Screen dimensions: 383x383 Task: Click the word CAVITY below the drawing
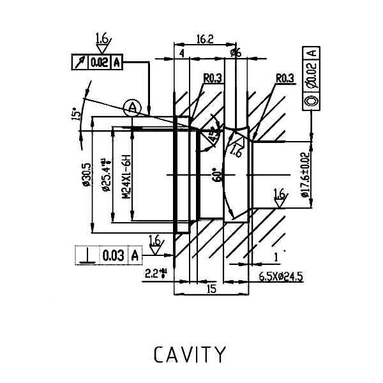[x=190, y=354]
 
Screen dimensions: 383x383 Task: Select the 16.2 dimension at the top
[x=205, y=40]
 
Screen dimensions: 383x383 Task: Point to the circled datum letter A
[x=131, y=107]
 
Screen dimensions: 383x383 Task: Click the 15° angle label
[x=77, y=113]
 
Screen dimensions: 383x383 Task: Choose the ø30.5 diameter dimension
[x=86, y=174]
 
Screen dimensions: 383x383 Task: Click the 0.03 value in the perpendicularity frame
[x=112, y=255]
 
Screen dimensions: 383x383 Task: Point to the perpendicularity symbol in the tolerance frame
[x=86, y=255]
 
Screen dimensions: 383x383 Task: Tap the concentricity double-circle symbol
[x=312, y=101]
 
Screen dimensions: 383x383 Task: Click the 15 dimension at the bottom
[x=211, y=289]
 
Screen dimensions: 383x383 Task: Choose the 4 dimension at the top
[x=182, y=54]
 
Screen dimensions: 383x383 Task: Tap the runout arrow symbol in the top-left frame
[x=80, y=62]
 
